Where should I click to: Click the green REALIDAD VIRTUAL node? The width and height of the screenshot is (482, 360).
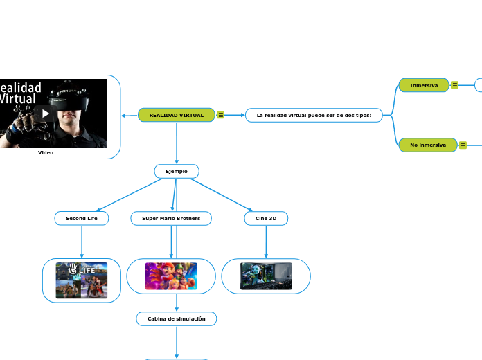coord(176,115)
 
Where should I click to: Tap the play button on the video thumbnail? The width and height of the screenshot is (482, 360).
coord(46,114)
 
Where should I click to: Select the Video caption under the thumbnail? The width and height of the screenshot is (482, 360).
coord(46,153)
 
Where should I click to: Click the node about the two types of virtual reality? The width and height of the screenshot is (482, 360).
coord(314,115)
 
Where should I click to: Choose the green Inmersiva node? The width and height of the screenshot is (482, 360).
coord(424,85)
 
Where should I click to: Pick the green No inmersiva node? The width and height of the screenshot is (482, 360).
coord(427,145)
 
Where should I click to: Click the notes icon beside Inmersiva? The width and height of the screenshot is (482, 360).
coord(454,85)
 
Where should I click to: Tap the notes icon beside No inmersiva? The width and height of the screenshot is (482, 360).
coord(463,145)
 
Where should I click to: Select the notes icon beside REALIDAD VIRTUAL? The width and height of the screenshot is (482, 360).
coord(220,115)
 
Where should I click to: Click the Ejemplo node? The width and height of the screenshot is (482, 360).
coord(177,171)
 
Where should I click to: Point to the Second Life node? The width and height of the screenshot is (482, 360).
coord(82,218)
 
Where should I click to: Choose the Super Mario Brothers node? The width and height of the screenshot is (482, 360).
coord(171,218)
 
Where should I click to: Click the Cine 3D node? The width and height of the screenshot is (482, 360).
coord(266,218)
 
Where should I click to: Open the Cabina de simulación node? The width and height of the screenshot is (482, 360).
coord(177,318)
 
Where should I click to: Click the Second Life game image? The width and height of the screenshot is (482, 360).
coord(82,280)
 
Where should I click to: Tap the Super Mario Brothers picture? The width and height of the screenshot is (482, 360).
coord(171,276)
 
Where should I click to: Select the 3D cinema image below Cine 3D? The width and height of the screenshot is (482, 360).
coord(266,276)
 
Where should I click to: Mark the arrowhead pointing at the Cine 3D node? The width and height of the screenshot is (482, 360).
coord(250,209)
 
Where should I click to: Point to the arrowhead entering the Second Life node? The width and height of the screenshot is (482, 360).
coord(100,209)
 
